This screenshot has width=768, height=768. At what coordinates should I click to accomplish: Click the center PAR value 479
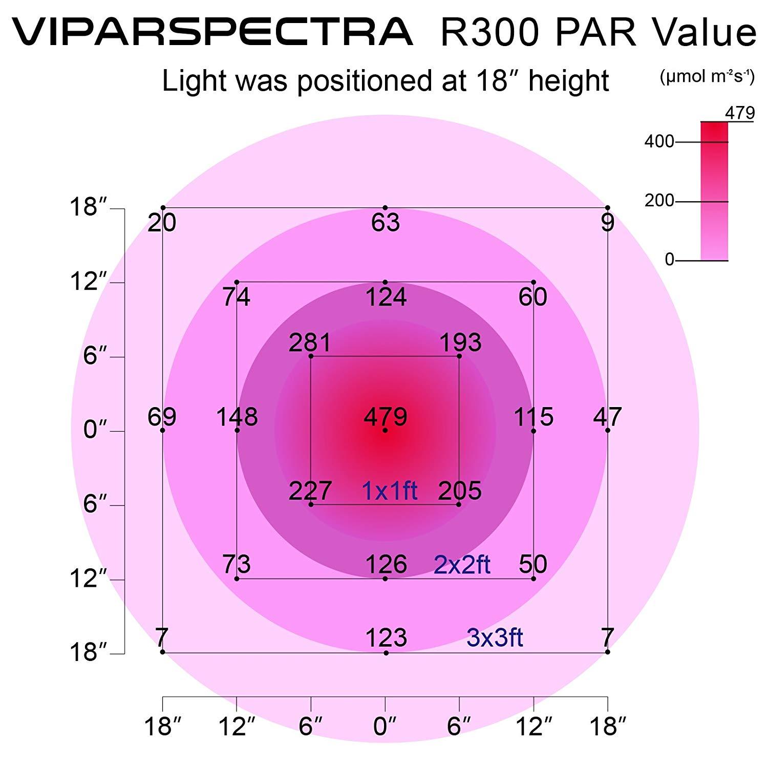pos(385,417)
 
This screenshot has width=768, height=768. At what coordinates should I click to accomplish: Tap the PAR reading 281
pos(310,343)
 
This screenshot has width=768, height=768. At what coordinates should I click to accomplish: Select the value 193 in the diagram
pos(460,343)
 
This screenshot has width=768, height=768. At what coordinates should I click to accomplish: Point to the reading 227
pos(310,491)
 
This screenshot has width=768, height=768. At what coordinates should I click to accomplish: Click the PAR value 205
pos(460,491)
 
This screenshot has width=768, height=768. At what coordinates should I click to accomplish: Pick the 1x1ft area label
pos(390,491)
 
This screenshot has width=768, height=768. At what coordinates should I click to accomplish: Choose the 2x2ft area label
pos(462,565)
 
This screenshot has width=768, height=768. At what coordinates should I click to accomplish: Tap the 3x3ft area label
pos(495,638)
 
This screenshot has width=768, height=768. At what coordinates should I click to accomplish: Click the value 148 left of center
pos(237,417)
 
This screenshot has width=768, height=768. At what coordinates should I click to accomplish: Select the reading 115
pos(534,417)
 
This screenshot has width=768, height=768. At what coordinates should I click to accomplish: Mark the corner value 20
pos(162,223)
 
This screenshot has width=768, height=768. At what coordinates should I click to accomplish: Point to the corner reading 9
pos(607,223)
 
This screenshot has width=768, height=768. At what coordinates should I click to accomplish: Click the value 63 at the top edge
pos(386,223)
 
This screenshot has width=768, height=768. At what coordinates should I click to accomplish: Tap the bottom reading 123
pos(386,638)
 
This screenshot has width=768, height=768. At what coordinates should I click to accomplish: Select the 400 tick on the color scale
pos(659,141)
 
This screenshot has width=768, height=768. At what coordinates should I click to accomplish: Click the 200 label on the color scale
pos(659,201)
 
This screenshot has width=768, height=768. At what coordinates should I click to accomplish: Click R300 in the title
pos(490,32)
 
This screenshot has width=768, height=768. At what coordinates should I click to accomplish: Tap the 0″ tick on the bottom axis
pos(385,726)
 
